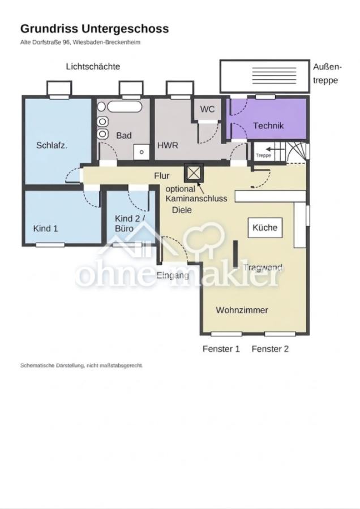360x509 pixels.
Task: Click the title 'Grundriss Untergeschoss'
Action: (x=95, y=29)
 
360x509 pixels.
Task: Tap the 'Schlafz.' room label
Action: (x=52, y=145)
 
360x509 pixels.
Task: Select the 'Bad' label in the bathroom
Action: (x=124, y=135)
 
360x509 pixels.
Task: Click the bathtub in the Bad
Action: (x=125, y=107)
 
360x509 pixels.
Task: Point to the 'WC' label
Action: (x=207, y=109)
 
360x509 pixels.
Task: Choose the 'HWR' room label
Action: (x=168, y=145)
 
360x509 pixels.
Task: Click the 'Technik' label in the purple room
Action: (x=268, y=126)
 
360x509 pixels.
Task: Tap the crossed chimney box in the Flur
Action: (x=194, y=173)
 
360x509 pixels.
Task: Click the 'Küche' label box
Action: (x=265, y=227)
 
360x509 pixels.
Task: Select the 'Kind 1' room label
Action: (x=45, y=228)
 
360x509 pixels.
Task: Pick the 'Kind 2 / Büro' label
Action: (x=127, y=223)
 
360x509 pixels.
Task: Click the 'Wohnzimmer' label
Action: (x=242, y=310)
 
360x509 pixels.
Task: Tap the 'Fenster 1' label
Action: (x=221, y=348)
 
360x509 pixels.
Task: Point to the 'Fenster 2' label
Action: (x=270, y=348)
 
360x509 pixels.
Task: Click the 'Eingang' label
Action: (x=173, y=275)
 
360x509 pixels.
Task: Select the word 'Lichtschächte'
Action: (x=93, y=66)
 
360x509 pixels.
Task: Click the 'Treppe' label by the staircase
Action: (x=263, y=156)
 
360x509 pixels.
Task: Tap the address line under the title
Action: (x=80, y=42)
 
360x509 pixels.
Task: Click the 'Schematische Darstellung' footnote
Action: (x=82, y=365)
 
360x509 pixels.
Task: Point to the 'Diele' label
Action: (x=182, y=210)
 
